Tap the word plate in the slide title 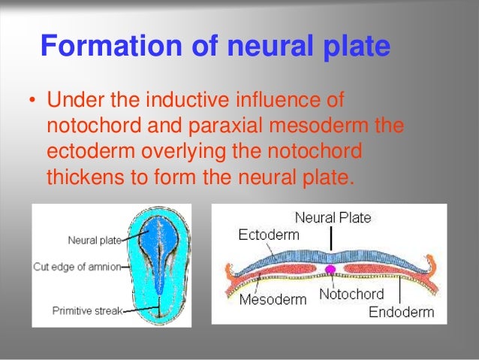coord(353,47)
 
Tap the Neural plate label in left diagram coord(92,241)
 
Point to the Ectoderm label coord(268,234)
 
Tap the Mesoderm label coord(273,299)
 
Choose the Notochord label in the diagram coord(351,294)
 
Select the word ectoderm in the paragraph coord(82,151)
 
